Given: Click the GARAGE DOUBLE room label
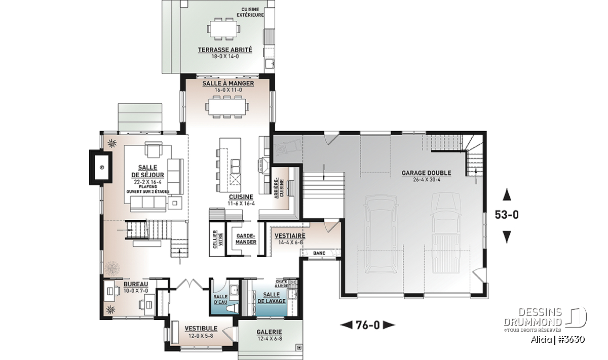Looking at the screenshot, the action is coord(427,173).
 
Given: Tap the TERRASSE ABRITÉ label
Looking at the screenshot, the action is coord(225,50).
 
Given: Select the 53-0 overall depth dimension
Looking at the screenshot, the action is coord(507,215).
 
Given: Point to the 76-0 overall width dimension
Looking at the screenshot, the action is coord(367,325).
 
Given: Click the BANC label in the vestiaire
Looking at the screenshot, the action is coord(319,253).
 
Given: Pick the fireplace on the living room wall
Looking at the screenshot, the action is coord(101,167).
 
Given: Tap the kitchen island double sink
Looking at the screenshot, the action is coord(235,166).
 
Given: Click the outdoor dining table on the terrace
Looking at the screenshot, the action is coord(224,29).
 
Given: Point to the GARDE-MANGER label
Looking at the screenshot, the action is coord(246,238).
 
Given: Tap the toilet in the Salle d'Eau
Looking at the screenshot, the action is coord(234,308).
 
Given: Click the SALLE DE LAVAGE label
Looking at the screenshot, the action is coord(271,298).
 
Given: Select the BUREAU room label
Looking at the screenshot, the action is coord(136,284).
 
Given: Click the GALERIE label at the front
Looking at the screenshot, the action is coord(269,332).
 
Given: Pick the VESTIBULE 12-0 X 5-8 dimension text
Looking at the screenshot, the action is coord(201,336).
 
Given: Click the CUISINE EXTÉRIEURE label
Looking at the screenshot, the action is coord(250,12).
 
